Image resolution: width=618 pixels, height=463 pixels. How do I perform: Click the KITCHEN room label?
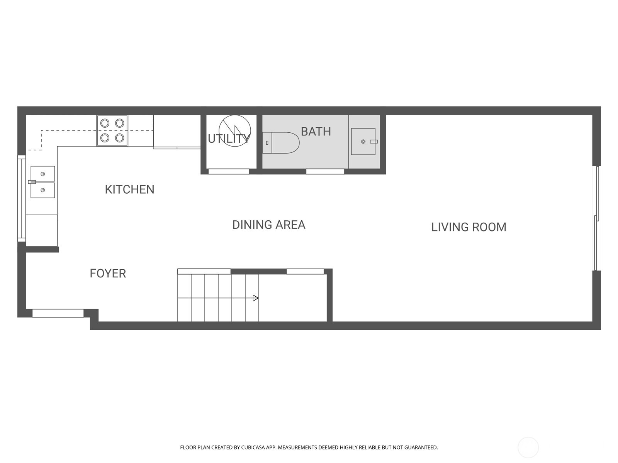[129, 189]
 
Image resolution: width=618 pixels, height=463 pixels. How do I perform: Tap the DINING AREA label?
[268, 225]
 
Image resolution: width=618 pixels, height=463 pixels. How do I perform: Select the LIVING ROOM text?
[469, 227]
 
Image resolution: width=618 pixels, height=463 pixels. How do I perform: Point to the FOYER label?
[108, 273]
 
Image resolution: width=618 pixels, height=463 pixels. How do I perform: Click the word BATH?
[316, 132]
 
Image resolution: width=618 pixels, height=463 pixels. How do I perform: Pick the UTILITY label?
[229, 139]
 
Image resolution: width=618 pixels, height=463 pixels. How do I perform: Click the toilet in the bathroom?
[281, 143]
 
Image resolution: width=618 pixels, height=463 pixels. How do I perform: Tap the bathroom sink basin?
[363, 142]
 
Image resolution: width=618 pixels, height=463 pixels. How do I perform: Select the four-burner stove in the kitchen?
[112, 130]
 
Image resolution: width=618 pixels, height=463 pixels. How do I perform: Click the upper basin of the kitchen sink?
[42, 174]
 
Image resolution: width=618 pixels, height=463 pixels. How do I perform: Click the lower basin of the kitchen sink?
[42, 190]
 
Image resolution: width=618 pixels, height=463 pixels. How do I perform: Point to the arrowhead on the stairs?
[255, 298]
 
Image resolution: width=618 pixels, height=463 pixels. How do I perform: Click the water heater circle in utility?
[234, 130]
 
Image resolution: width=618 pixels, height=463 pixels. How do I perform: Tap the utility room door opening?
[229, 171]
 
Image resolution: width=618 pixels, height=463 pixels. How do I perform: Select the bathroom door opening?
[325, 171]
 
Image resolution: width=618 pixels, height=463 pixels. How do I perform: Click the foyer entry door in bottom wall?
[58, 313]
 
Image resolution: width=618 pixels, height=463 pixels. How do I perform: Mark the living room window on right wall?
[597, 218]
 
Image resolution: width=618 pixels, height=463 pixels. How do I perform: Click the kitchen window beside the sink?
[21, 199]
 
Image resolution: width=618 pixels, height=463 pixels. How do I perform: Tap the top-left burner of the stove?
[105, 123]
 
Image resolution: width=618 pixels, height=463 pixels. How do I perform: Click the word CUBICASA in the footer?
[253, 448]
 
